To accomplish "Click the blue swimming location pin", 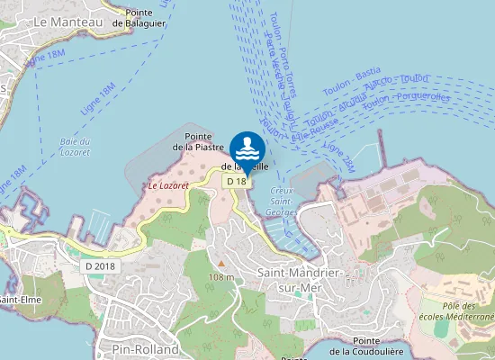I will pos(247,148).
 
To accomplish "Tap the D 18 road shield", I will pos(236,181).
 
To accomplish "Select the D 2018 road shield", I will pos(101,266).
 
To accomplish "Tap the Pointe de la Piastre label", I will pos(198,141).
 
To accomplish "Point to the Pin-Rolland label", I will pos(146,349).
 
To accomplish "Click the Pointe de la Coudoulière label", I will pos(365,346).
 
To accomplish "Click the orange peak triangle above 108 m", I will pos(220,263).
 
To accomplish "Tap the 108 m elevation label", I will pos(221,277).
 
